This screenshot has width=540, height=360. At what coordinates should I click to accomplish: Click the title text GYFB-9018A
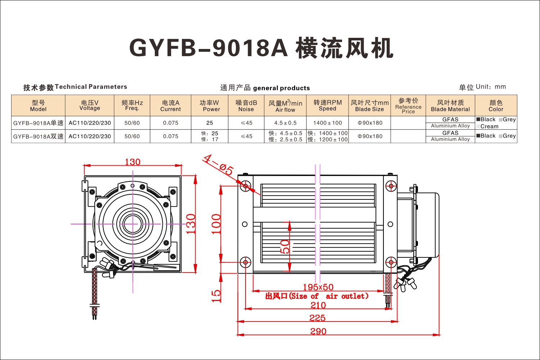tap(208, 48)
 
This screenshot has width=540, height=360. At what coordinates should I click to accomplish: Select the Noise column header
tap(246, 105)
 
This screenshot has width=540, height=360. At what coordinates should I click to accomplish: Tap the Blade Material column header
tap(450, 105)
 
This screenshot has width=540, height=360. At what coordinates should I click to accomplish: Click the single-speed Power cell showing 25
tap(210, 123)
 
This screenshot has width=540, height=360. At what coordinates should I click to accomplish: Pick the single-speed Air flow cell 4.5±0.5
tap(285, 123)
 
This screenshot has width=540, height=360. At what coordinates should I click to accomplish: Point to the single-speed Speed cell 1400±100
tap(327, 123)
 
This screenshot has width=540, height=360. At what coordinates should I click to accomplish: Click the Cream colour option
tap(489, 126)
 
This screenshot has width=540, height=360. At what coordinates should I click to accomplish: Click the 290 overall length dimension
tap(318, 331)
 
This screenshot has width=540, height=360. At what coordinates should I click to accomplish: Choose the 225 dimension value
tap(318, 318)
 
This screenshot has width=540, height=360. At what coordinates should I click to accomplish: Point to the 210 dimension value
tap(318, 305)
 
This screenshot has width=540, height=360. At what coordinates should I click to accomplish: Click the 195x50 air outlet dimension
tap(318, 287)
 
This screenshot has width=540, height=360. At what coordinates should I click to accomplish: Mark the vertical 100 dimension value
tap(216, 224)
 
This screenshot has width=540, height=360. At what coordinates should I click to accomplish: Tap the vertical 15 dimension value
tap(216, 296)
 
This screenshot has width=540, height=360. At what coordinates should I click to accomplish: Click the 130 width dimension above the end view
tap(132, 162)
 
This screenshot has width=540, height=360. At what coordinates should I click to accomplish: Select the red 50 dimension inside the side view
tap(285, 247)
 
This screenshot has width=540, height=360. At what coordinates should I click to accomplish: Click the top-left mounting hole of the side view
tap(246, 186)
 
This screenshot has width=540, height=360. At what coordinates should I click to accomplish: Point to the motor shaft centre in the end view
tap(132, 224)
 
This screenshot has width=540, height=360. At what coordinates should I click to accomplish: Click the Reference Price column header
tap(408, 105)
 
